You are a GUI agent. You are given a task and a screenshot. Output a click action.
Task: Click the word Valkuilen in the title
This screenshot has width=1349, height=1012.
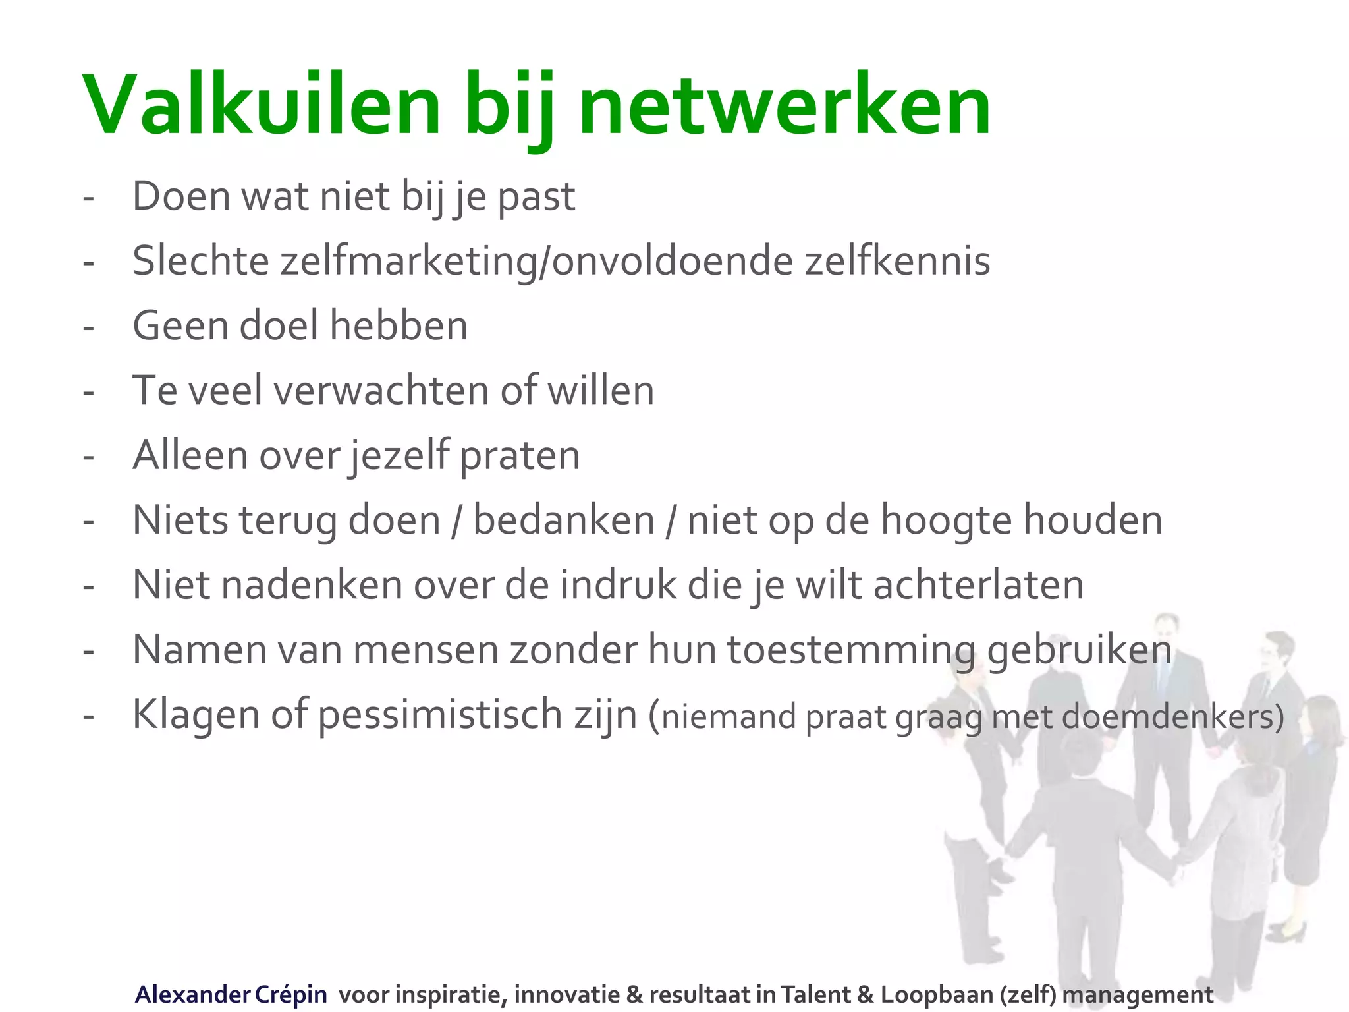coord(261,105)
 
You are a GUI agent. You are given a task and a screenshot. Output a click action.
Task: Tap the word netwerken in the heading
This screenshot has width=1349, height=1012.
coord(785,105)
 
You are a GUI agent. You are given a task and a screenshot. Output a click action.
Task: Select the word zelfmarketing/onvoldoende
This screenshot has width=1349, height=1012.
coord(536,261)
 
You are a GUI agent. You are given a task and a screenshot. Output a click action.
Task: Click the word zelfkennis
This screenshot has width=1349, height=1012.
coord(897,261)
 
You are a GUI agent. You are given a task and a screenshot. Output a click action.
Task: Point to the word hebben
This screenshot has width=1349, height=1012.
coord(399,325)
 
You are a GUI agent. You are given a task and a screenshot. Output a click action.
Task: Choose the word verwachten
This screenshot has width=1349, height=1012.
coord(381,390)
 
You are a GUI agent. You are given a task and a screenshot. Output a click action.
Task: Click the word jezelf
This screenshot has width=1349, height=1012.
coord(399,455)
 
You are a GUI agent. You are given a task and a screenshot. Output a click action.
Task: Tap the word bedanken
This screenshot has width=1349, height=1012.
coord(564,520)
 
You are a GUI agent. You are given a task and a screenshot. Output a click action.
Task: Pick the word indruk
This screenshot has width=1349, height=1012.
coord(618,584)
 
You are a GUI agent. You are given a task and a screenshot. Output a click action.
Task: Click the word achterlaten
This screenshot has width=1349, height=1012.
coord(979,584)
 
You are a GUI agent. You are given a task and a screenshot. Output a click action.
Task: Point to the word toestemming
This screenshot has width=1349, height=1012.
coord(850,650)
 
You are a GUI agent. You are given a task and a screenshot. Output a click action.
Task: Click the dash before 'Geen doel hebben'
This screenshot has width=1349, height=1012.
coord(88,327)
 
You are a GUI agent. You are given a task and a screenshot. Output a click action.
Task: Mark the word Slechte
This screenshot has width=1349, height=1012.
coord(200,261)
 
